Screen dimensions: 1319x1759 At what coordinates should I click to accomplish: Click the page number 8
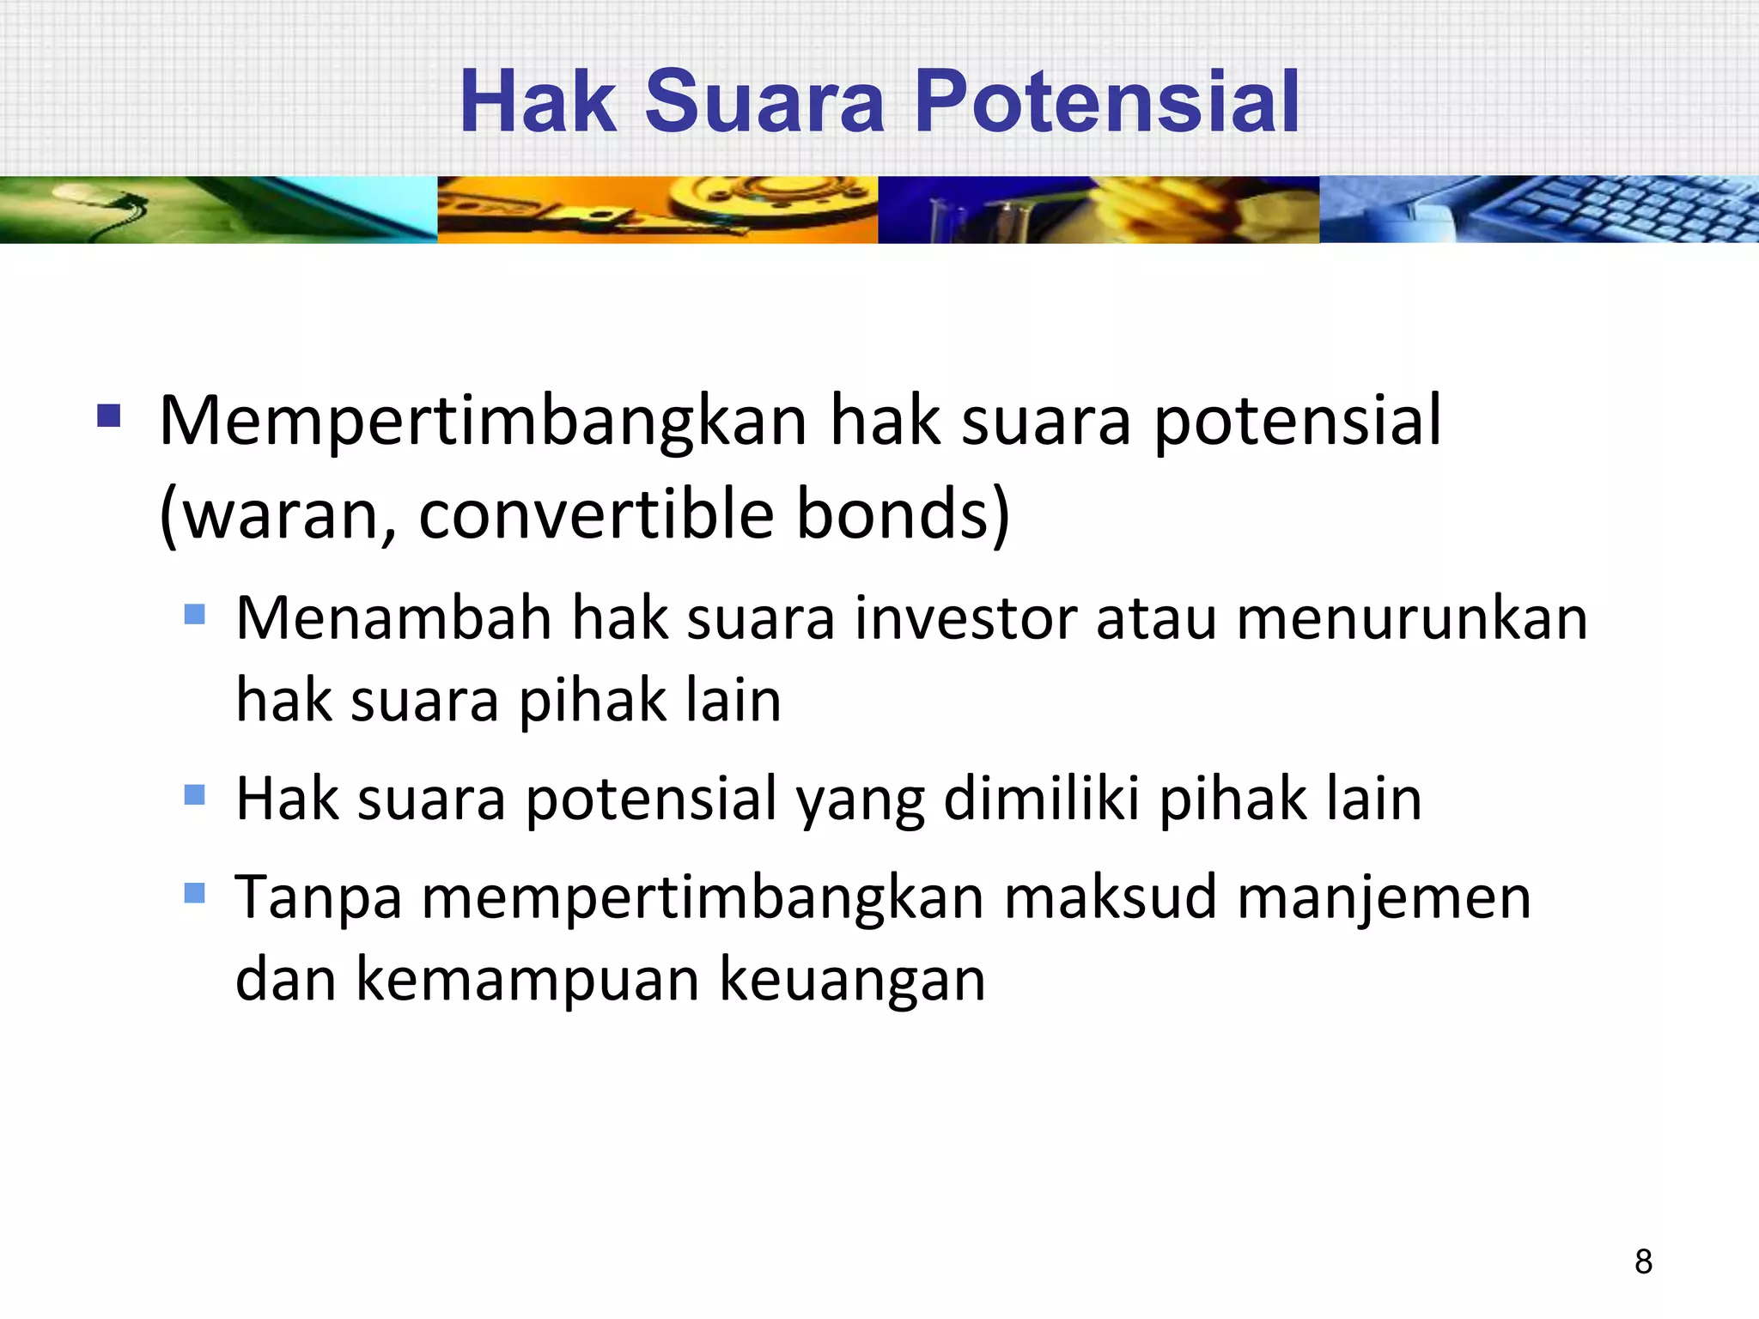click(1643, 1261)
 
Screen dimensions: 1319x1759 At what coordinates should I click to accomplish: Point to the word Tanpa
click(319, 897)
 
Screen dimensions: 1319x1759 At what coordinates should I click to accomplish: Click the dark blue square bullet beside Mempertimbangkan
click(109, 416)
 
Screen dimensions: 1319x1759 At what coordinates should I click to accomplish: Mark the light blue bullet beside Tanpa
click(195, 894)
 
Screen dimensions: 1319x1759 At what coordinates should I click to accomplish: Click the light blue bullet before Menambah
click(195, 614)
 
